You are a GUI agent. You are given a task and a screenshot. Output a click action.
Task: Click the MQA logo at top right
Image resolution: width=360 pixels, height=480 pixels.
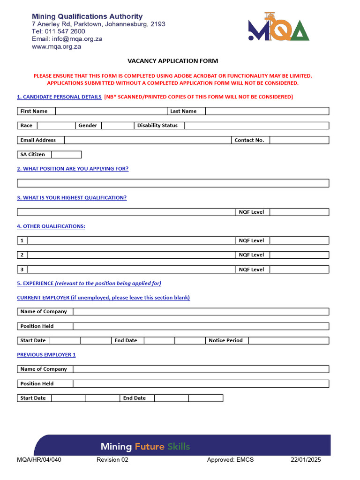(x=278, y=27)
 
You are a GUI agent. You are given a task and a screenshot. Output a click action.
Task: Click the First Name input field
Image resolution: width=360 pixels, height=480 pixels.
(x=111, y=111)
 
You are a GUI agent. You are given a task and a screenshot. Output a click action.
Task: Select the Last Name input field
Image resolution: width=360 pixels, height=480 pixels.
(x=267, y=111)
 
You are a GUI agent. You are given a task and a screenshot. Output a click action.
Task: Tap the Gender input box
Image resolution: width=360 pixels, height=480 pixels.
(x=117, y=126)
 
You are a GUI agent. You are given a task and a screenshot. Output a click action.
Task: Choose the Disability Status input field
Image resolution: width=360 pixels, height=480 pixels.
(x=256, y=126)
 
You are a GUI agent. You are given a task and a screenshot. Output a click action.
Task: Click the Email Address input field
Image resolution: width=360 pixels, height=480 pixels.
(x=148, y=140)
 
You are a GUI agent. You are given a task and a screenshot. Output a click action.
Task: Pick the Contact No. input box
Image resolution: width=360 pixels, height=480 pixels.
(x=299, y=140)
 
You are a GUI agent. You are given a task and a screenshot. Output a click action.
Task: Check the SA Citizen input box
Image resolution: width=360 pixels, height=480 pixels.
(x=66, y=155)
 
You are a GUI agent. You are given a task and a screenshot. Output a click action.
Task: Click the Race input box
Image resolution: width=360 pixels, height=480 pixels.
(x=55, y=126)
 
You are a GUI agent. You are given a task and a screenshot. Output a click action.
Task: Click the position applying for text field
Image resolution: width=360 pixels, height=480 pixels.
(x=173, y=183)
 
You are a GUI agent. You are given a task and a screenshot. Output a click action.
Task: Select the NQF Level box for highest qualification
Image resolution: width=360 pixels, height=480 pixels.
(x=299, y=212)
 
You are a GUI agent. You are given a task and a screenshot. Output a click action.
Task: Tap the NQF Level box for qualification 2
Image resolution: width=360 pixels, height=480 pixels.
(x=299, y=255)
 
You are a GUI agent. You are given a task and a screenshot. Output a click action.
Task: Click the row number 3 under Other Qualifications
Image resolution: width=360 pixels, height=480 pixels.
(x=22, y=270)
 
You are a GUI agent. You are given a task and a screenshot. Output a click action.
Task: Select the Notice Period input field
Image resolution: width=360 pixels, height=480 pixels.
(x=288, y=341)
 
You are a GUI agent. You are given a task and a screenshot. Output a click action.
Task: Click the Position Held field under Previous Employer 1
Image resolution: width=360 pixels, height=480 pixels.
(x=201, y=384)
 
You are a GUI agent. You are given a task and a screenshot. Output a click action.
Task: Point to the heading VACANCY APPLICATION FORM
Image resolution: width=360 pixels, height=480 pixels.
(x=172, y=61)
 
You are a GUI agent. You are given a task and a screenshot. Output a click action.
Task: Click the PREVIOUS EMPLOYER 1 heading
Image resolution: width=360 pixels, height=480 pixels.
(x=46, y=355)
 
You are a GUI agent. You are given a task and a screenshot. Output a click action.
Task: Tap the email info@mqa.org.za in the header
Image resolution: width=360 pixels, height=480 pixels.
(x=67, y=39)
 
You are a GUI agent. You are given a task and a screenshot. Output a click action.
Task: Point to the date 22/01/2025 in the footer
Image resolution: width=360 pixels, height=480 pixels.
(x=306, y=460)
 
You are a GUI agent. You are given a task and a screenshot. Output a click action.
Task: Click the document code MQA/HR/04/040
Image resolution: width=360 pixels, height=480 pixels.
(x=39, y=460)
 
